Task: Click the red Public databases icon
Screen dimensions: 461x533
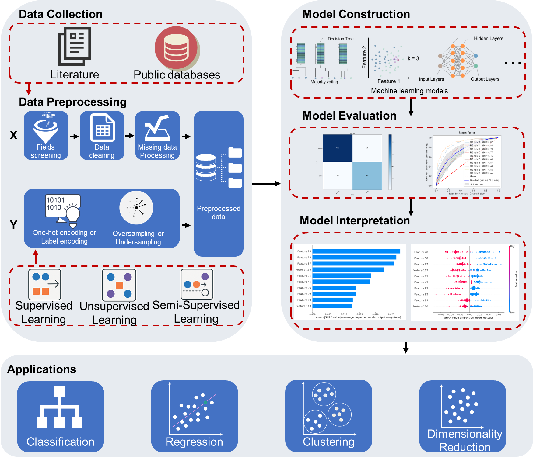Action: [176, 48]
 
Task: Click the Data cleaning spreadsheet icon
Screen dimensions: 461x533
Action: [103, 128]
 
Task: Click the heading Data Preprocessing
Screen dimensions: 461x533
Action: [72, 102]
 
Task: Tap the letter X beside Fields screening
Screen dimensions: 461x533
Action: [13, 135]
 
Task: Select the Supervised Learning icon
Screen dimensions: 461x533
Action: [45, 284]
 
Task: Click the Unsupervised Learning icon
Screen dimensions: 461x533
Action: [119, 285]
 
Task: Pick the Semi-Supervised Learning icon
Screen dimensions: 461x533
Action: [197, 284]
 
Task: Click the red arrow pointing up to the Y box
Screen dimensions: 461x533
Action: [36, 256]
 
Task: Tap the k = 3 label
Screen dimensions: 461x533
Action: [413, 58]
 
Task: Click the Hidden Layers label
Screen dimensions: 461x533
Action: [488, 39]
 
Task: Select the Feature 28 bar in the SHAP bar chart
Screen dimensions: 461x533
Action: [356, 251]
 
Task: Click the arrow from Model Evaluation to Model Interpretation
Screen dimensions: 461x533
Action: [411, 207]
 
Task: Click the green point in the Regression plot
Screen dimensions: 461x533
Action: [205, 402]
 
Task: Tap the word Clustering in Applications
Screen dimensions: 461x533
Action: [328, 442]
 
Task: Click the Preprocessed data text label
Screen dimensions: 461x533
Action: [219, 213]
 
